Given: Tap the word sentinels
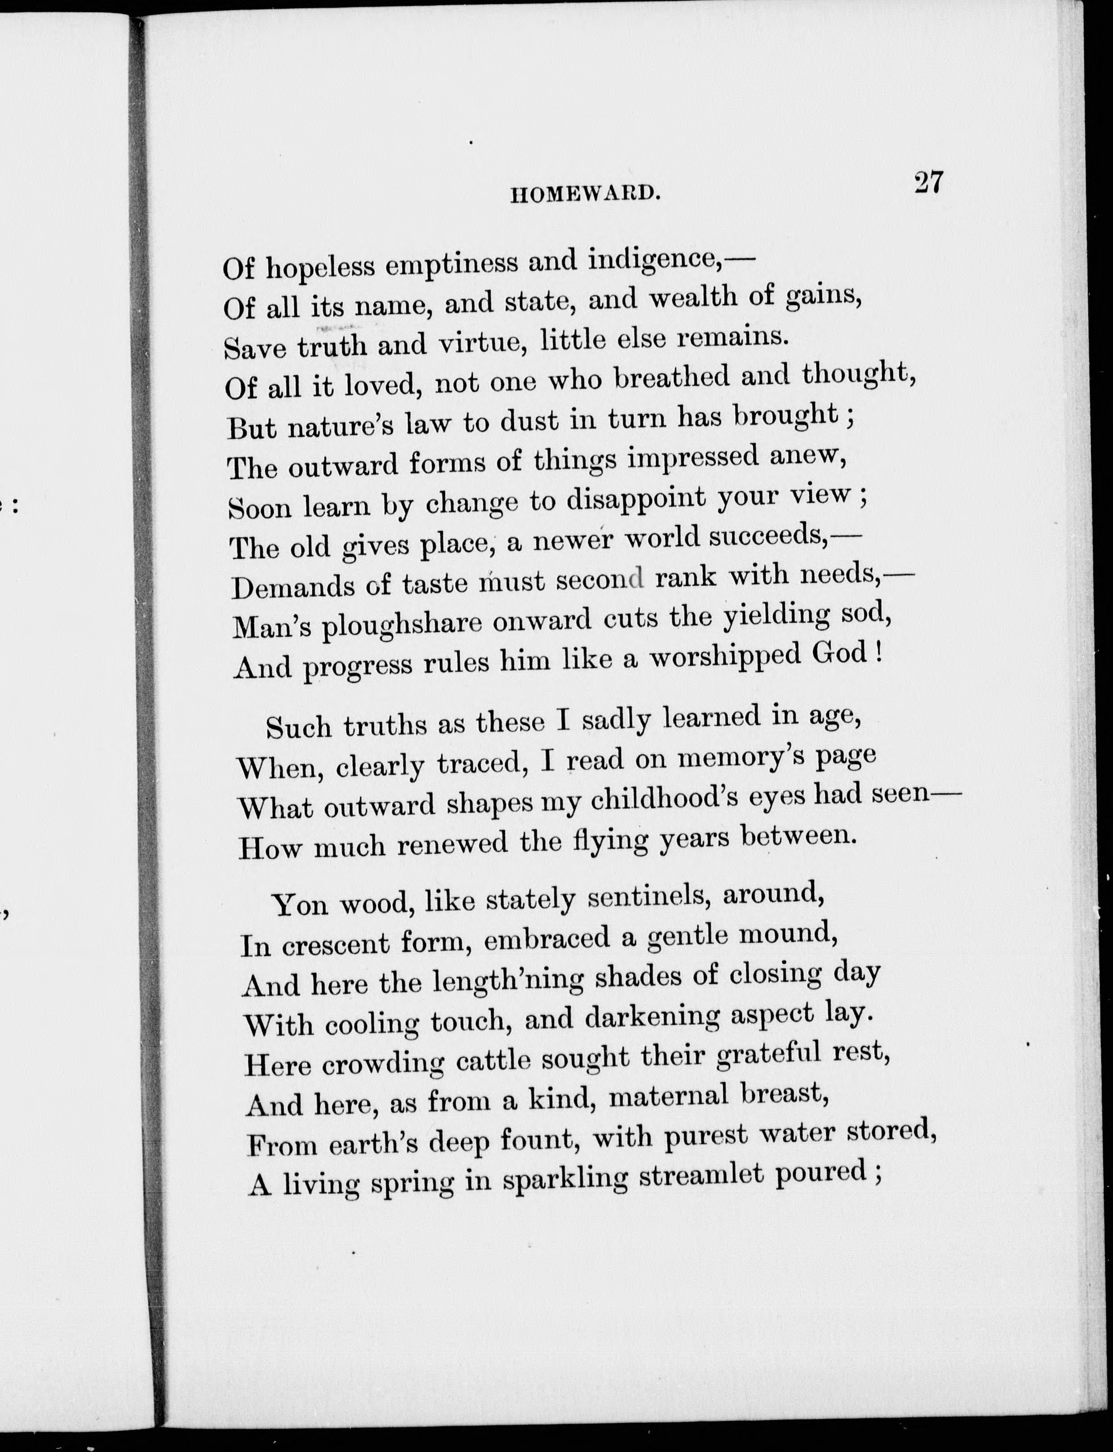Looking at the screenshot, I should click(x=647, y=898).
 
